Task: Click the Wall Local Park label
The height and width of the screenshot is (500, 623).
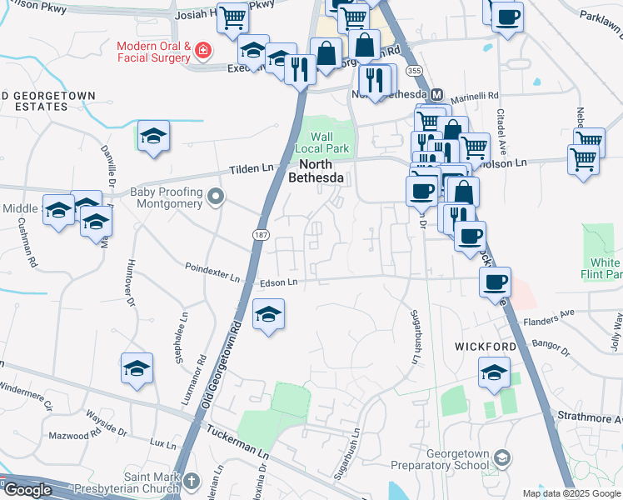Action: pyautogui.click(x=321, y=142)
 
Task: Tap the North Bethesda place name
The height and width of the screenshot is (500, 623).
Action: pyautogui.click(x=316, y=170)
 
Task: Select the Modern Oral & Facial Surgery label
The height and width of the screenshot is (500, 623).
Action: pyautogui.click(x=154, y=52)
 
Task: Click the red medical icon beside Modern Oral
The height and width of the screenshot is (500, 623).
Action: pyautogui.click(x=202, y=52)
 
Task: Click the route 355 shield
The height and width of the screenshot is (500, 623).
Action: pyautogui.click(x=415, y=74)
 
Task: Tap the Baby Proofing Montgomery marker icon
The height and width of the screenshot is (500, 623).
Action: pyautogui.click(x=217, y=197)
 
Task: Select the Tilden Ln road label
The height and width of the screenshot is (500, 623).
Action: pyautogui.click(x=252, y=169)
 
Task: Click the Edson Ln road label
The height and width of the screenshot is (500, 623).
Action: pyautogui.click(x=278, y=283)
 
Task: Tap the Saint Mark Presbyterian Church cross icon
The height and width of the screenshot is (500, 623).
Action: pyautogui.click(x=192, y=481)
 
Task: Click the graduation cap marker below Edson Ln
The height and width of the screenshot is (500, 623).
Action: pyautogui.click(x=268, y=315)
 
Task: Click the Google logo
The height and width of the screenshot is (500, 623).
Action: pyautogui.click(x=27, y=490)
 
